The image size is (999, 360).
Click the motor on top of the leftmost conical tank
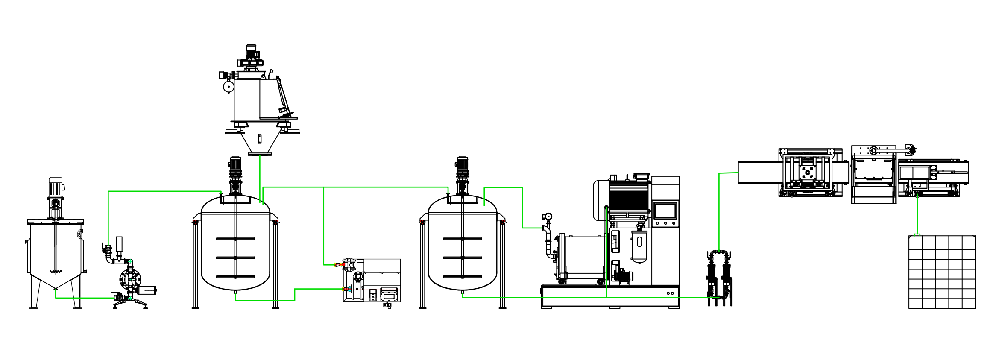tap(56, 187)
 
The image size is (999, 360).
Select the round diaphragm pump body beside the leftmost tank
tap(130, 280)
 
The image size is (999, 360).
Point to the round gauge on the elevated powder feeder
tap(229, 87)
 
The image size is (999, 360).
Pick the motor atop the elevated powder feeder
tap(252, 52)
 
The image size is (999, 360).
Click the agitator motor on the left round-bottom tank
tap(235, 164)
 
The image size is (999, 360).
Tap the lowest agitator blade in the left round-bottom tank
tap(235, 277)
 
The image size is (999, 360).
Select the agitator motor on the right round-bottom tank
tap(463, 164)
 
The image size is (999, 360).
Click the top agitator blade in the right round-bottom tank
tap(463, 239)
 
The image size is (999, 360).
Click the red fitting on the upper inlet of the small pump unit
tap(340, 265)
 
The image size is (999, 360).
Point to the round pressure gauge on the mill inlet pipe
tap(548, 217)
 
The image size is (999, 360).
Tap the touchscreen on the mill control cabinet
tap(665, 211)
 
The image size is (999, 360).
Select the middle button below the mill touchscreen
tap(665, 223)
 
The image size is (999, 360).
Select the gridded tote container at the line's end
tap(942, 272)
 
